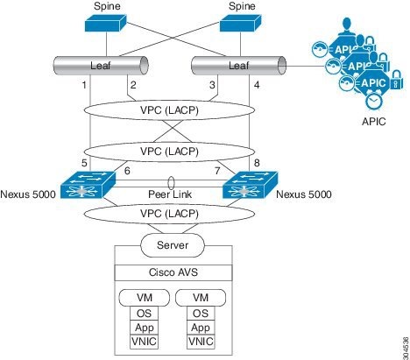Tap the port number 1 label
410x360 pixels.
tap(83, 85)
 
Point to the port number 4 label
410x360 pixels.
tap(258, 85)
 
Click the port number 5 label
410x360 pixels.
tap(83, 162)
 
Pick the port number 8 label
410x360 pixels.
tap(258, 162)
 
